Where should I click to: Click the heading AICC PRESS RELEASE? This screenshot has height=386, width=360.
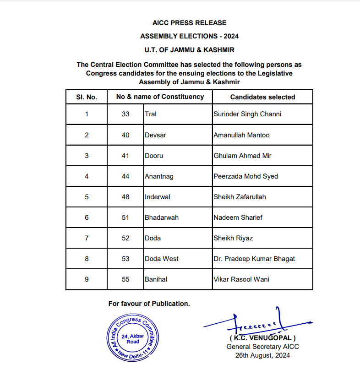click(189, 22)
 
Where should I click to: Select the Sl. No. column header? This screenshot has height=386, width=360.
click(87, 97)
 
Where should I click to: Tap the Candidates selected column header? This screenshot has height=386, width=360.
click(262, 97)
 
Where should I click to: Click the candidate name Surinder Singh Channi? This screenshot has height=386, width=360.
click(247, 114)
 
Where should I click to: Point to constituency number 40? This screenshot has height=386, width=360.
click(125, 135)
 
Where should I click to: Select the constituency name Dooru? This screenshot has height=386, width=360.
click(153, 156)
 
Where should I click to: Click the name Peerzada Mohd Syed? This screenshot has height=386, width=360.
click(245, 176)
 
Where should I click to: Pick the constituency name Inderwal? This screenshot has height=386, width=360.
click(157, 197)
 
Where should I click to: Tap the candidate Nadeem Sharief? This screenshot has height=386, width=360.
click(238, 217)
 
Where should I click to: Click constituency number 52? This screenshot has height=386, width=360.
click(125, 238)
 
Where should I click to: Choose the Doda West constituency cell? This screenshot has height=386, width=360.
click(161, 259)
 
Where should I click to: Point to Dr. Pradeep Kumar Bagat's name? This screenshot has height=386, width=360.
click(254, 259)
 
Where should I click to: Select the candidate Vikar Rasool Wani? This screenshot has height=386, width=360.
click(241, 279)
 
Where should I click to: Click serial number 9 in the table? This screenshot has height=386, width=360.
click(87, 279)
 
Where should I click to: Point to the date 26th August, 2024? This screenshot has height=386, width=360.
click(262, 355)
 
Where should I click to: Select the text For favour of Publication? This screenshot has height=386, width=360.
click(149, 304)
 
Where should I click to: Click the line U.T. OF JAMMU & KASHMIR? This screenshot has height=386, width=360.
click(189, 49)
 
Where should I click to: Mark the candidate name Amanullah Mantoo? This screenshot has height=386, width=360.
click(241, 135)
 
